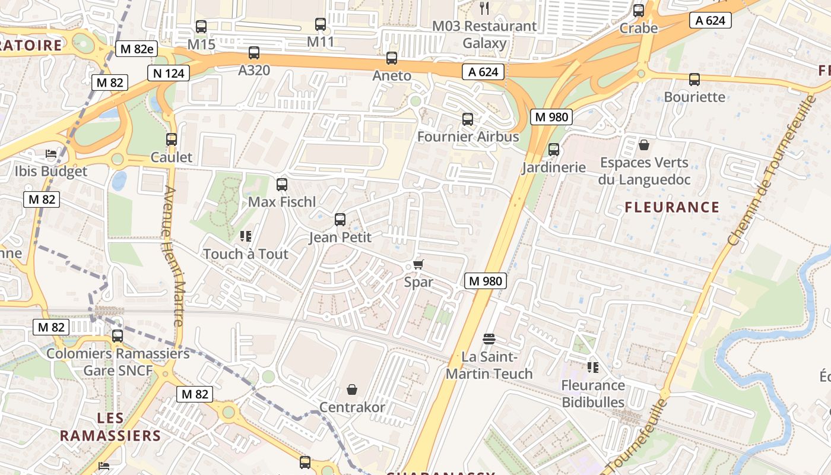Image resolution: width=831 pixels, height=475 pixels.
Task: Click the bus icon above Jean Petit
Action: coord(340,220)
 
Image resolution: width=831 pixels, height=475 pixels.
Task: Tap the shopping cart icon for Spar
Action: coord(418,264)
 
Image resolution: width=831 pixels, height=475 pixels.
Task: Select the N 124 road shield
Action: coord(169,73)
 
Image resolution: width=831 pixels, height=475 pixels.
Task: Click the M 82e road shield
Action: coord(137,49)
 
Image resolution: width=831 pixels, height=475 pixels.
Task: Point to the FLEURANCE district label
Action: coord(672,207)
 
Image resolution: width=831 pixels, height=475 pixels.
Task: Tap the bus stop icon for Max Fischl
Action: coord(282,185)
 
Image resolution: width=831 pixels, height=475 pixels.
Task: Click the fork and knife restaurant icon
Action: coord(484,8)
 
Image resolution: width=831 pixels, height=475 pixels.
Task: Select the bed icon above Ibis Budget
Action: coord(51,154)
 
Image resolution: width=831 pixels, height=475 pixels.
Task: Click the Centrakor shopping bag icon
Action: coord(352,389)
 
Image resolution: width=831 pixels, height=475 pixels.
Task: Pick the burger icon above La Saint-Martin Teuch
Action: coord(489,339)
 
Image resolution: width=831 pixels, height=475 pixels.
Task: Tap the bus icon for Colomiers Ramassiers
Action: coord(118,336)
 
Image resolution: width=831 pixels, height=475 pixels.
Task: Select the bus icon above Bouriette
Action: coord(694,80)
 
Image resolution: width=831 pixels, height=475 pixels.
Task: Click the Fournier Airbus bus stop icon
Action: coord(468,119)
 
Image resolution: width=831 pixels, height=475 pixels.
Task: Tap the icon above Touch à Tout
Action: coord(246,236)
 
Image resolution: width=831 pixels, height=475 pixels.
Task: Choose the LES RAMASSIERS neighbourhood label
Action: coord(110,427)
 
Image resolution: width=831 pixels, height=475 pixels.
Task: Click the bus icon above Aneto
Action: coord(392,58)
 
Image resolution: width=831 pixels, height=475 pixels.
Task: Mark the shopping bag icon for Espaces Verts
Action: coord(644,145)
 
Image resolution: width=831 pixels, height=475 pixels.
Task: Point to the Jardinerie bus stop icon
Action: coord(554,150)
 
